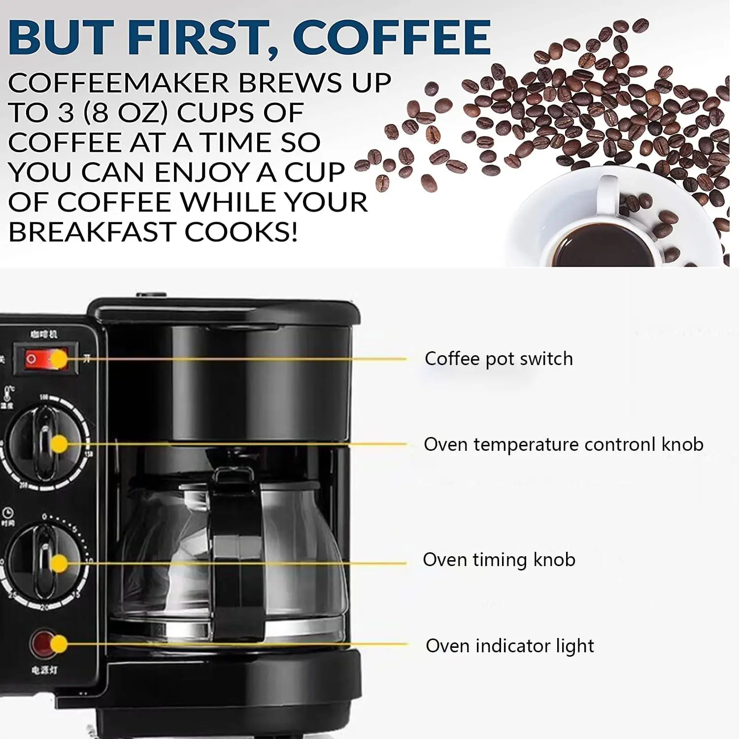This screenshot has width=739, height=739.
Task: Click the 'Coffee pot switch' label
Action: pyautogui.click(x=499, y=359)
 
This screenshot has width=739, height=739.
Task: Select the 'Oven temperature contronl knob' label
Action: pyautogui.click(x=563, y=444)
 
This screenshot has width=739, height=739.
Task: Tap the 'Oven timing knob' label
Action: pyautogui.click(x=499, y=560)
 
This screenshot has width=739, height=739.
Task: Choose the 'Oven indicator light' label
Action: pyautogui.click(x=509, y=645)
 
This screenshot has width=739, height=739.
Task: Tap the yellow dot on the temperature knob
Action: pyautogui.click(x=59, y=444)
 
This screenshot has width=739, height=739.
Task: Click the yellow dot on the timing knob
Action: pyautogui.click(x=59, y=563)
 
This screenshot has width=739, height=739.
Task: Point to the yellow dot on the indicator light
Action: pyautogui.click(x=59, y=644)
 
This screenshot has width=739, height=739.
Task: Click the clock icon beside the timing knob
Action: pyautogui.click(x=8, y=513)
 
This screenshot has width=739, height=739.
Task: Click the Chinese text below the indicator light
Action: pyautogui.click(x=44, y=670)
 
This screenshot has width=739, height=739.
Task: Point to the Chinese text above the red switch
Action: pyautogui.click(x=44, y=334)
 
